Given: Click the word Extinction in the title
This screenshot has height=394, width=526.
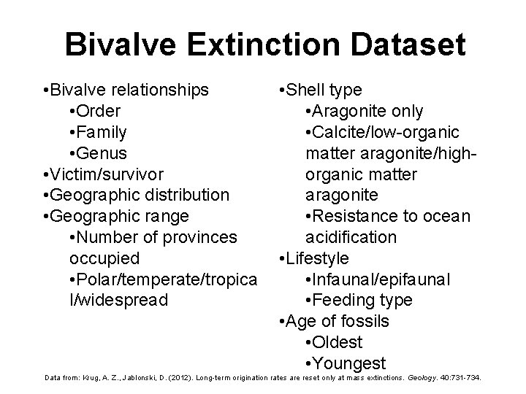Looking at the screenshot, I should click(251, 45).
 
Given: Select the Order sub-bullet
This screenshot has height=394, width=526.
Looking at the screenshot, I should click(95, 112).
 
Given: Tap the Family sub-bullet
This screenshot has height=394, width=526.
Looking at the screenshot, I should click(98, 133).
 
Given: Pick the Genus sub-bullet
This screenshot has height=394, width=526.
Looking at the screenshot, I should click(98, 153).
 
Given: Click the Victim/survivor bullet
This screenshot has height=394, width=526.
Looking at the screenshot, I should click(103, 174).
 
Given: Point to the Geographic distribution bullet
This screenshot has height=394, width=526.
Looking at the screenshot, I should click(136, 196).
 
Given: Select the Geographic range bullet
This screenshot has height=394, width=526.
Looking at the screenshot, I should click(115, 217).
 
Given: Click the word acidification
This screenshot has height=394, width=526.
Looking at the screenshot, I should click(351, 237).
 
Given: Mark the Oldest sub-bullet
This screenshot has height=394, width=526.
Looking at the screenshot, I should click(335, 342).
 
